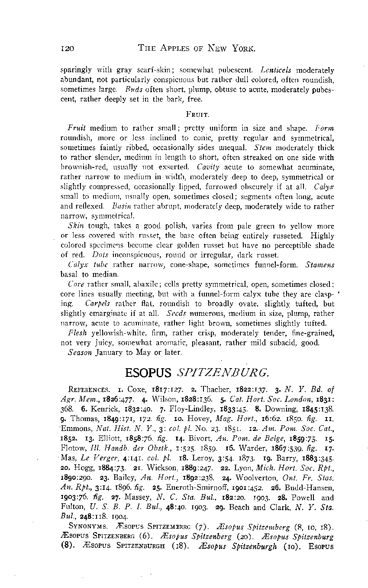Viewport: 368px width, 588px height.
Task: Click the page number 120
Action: pyautogui.click(x=68, y=48)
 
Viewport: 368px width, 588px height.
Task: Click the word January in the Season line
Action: pyautogui.click(x=109, y=352)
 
